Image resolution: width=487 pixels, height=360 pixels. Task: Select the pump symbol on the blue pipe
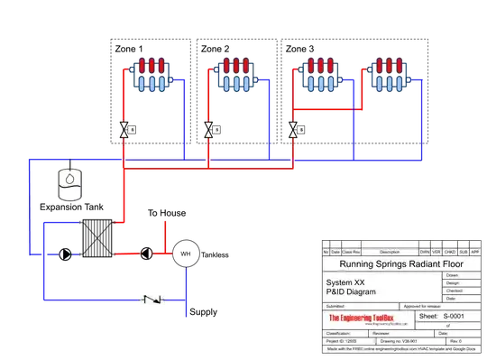pos(65,254)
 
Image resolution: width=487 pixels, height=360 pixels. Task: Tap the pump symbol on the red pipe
pos(145,254)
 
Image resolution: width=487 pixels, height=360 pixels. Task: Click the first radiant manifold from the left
pos(156,76)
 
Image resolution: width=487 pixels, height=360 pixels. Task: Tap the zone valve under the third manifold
pos(295,129)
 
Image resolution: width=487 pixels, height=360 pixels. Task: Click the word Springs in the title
pos(395,265)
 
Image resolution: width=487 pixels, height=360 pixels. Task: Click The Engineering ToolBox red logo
pos(368,318)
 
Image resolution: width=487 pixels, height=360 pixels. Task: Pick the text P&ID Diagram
pos(351,292)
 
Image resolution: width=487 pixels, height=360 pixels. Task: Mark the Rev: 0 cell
pos(455,341)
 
